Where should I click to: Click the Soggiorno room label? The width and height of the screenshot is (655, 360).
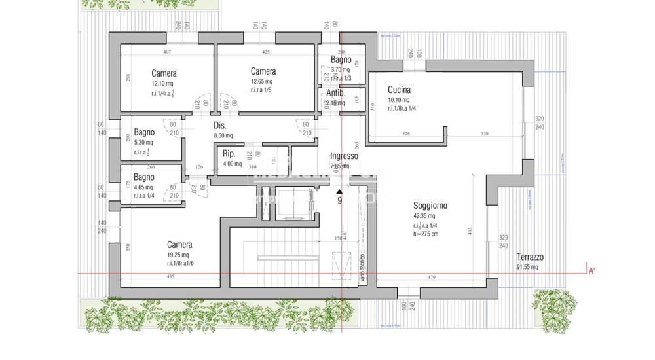(430, 206)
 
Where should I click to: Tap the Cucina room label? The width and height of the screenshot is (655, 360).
(399, 90)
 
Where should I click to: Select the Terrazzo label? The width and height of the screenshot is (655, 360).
(530, 257)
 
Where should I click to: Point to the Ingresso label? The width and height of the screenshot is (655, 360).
(344, 156)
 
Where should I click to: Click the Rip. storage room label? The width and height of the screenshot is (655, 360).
(229, 154)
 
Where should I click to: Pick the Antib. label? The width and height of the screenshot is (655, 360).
(336, 93)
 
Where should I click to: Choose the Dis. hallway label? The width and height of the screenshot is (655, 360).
(220, 125)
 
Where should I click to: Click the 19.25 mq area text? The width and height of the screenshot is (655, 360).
(178, 255)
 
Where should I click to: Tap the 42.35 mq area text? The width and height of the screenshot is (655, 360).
(424, 216)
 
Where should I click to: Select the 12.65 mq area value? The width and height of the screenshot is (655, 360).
(262, 82)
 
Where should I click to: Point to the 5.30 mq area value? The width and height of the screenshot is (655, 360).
(143, 143)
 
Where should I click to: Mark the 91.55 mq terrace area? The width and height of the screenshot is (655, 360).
(527, 267)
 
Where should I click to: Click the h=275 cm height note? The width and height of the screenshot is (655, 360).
(426, 234)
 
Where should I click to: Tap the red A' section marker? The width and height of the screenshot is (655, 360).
(591, 270)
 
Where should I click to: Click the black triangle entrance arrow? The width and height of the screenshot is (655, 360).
(339, 190)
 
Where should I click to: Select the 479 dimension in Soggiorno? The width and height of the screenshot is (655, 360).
(432, 277)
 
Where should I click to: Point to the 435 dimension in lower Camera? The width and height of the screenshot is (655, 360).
(170, 277)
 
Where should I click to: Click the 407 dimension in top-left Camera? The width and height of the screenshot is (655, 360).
(167, 52)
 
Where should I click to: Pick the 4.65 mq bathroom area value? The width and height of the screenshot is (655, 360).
(143, 188)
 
